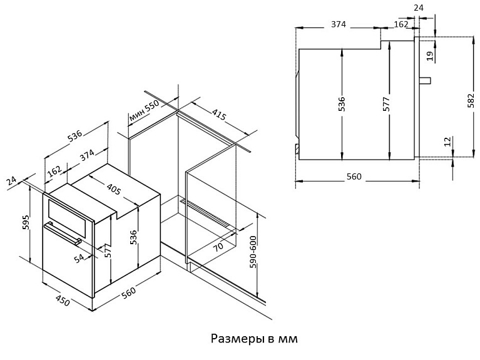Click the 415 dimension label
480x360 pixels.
[219, 114]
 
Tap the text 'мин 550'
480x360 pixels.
[144, 111]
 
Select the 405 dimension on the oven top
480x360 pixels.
[113, 188]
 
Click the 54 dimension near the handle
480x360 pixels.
[79, 258]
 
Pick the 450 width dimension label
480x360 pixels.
[63, 301]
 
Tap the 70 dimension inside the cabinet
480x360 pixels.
[218, 246]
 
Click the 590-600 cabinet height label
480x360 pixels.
[253, 252]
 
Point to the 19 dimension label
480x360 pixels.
[430, 56]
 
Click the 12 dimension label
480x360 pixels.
[447, 141]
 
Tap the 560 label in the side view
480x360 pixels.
[354, 177]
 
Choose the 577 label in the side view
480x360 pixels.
[386, 104]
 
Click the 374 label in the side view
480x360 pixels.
[339, 24]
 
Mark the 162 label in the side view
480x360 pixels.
[401, 24]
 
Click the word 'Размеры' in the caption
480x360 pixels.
[238, 339]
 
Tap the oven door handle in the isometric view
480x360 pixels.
[63, 234]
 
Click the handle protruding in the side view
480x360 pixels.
[425, 80]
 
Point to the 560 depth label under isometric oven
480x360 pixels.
[128, 292]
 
